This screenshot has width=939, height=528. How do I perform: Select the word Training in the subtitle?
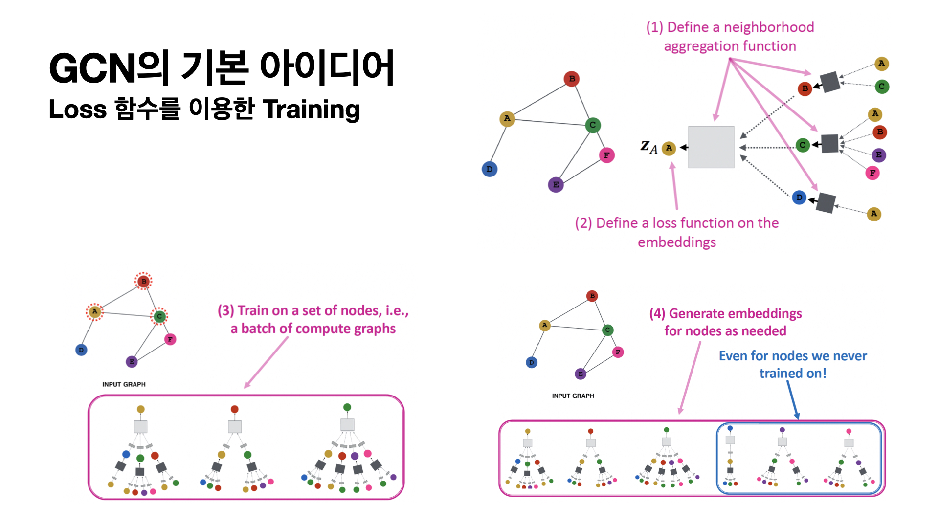click(311, 110)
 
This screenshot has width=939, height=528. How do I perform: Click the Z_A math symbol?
click(649, 147)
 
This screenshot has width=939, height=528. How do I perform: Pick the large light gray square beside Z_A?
click(711, 147)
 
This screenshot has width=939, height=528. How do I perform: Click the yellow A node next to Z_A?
click(669, 148)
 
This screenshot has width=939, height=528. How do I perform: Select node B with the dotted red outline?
click(143, 281)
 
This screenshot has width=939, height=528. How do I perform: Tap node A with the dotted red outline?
click(95, 311)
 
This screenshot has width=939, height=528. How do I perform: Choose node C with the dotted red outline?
click(159, 316)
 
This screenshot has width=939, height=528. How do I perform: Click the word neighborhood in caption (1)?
click(769, 27)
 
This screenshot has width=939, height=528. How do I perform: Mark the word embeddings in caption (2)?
click(677, 242)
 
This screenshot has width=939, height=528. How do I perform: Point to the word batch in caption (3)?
click(258, 329)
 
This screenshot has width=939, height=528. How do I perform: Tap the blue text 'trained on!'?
click(793, 374)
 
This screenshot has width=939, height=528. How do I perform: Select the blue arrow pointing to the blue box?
click(793, 399)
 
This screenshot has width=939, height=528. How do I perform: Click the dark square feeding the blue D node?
click(826, 203)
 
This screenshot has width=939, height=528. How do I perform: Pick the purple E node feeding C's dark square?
click(879, 155)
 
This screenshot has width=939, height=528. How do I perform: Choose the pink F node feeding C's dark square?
click(872, 173)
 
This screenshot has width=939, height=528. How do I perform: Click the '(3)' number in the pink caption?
click(226, 311)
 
